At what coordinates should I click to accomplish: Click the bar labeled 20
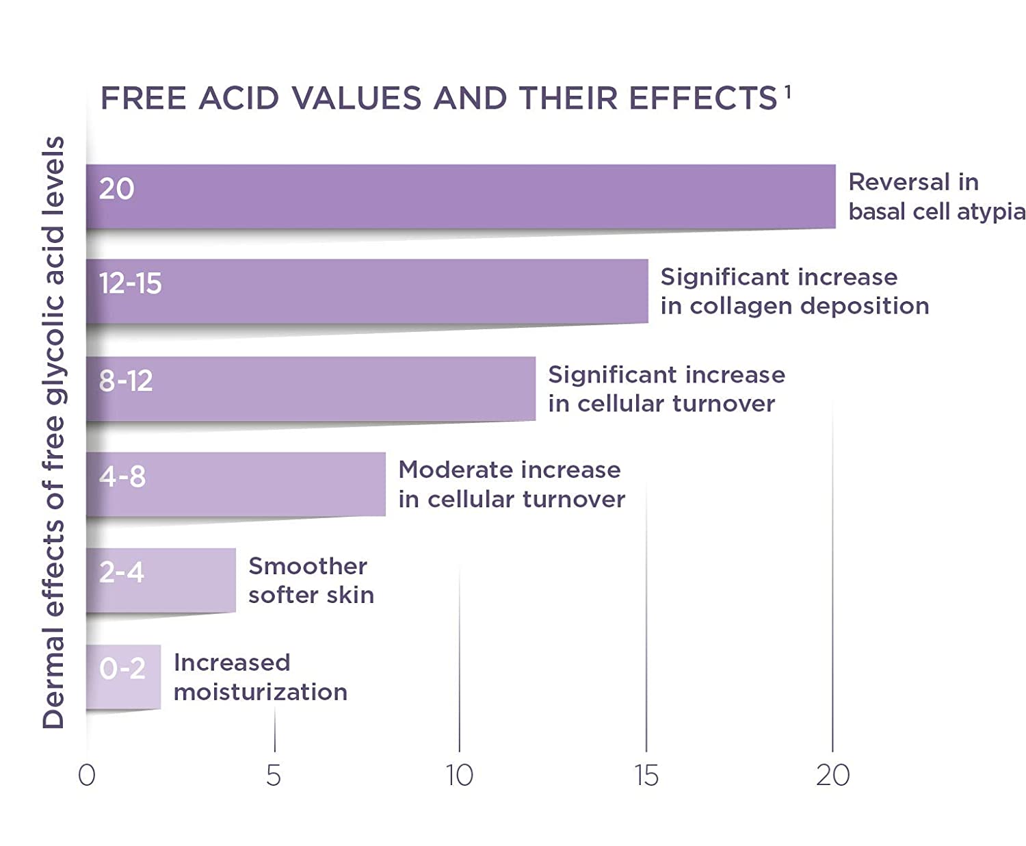(460, 196)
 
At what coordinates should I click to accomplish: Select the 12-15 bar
(367, 291)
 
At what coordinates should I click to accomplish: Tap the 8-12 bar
(311, 389)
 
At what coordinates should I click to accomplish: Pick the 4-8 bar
(236, 484)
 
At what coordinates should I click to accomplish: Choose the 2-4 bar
(161, 580)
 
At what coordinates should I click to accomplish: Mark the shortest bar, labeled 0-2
(123, 677)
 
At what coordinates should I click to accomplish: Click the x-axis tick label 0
(87, 775)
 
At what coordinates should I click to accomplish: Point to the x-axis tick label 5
(274, 775)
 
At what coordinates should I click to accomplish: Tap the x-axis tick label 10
(460, 775)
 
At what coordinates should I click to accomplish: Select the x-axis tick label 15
(646, 775)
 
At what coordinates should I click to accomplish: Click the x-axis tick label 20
(832, 775)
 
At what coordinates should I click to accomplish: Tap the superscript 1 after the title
(788, 91)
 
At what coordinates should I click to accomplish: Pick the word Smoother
(308, 566)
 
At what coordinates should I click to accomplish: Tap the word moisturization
(261, 692)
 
